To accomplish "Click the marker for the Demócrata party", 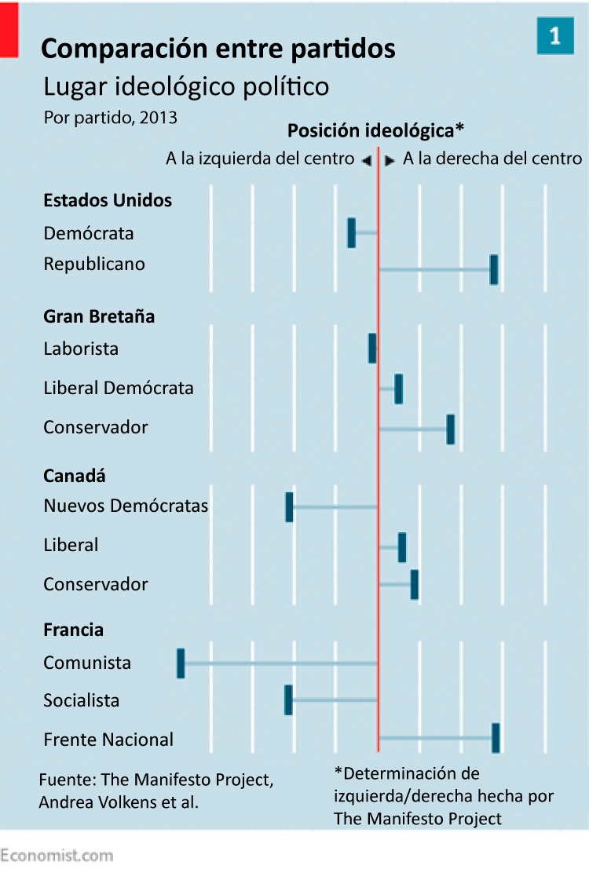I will pos(351,233).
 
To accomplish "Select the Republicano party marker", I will pos(494,269).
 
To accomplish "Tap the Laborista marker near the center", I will pos(372,348).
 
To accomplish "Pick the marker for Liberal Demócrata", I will pos(398,389).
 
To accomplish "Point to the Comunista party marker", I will pos(181,663).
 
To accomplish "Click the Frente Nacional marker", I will pos(496,738).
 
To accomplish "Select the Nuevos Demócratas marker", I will pos(289,507).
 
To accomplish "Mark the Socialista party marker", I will pos(288,699).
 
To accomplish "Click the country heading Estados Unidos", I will pos(108,200).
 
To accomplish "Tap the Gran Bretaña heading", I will pos(99,316).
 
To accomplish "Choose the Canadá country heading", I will pos(75,476).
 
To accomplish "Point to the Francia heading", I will pos(74,630).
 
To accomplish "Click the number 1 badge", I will pos(555,36).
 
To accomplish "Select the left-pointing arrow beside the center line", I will pos(366,160).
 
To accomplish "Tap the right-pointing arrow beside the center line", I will pos(390,160).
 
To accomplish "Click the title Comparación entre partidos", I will pos(218,49).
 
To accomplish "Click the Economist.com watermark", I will pos(57,855).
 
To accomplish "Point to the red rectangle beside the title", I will pos(9,29).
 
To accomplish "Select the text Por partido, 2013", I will pos(111,118).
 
